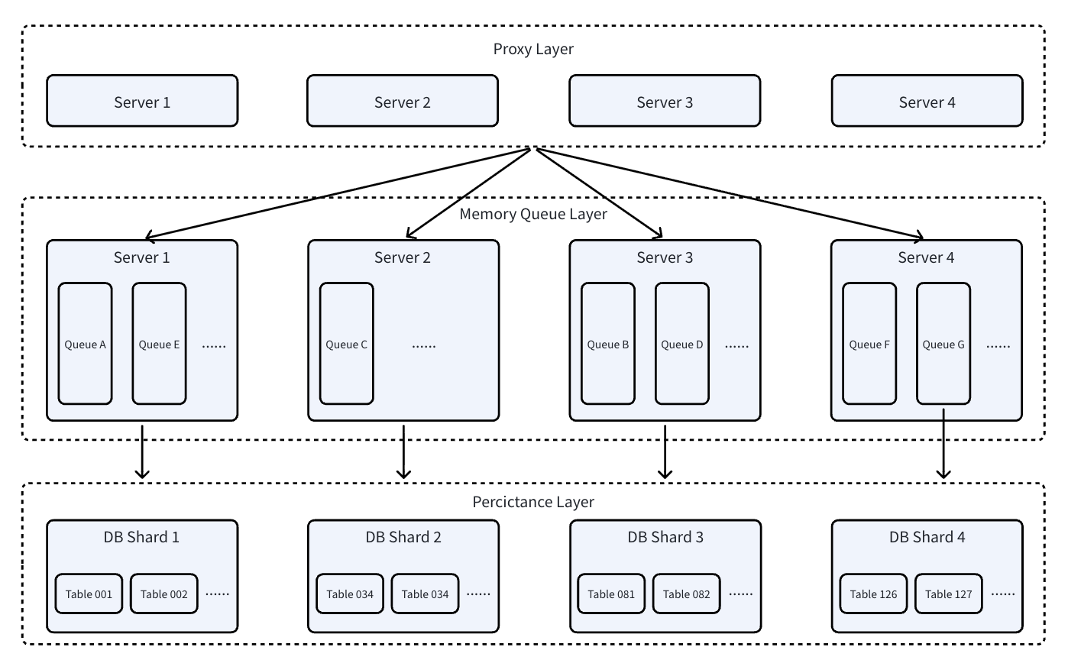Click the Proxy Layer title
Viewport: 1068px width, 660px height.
[533, 49]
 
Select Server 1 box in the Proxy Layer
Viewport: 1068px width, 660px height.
[142, 101]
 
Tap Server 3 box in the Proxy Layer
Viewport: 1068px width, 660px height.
[665, 101]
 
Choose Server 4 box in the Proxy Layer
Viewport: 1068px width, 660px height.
[927, 101]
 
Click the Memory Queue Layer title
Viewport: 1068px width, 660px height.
[533, 214]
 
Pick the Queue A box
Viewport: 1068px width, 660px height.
[86, 343]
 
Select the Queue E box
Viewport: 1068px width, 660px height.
[159, 343]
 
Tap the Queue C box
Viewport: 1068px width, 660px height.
[347, 343]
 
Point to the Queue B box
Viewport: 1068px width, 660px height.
[608, 343]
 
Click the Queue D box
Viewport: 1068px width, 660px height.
[681, 343]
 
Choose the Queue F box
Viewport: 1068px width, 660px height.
[869, 343]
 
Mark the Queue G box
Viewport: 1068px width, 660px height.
[943, 343]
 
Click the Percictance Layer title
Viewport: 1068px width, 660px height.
[533, 502]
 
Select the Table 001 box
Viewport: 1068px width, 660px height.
[89, 594]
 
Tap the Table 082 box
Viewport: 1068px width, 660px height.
[686, 594]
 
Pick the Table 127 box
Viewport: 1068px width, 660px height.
[948, 594]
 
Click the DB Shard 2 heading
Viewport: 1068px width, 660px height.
[403, 537]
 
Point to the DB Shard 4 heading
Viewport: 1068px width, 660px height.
[927, 537]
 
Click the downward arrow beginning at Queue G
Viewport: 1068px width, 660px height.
[943, 444]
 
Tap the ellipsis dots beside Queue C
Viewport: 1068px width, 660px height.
[424, 346]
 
